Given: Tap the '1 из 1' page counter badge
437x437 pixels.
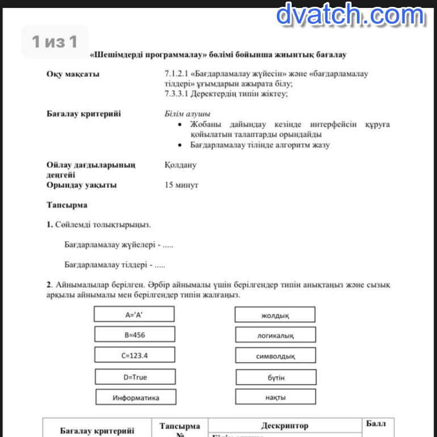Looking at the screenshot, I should [54, 41].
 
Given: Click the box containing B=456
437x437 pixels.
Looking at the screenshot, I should [135, 335].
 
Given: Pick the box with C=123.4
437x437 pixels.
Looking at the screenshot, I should [135, 355].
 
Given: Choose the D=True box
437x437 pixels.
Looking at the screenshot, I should [135, 377].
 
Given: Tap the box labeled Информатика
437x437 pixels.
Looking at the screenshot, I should [136, 397].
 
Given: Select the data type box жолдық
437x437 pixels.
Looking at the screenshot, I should [275, 315].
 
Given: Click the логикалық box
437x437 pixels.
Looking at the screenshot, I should [275, 335].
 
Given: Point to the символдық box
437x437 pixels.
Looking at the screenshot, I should [275, 356].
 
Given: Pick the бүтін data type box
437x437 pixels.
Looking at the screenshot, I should [276, 377].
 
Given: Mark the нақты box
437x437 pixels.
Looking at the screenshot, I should [275, 397].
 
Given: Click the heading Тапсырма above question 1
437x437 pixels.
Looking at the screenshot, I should [66, 204].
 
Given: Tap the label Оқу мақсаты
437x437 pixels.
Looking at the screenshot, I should [73, 74].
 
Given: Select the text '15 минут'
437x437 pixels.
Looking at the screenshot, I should [181, 185].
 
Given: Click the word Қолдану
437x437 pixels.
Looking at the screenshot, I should [180, 165].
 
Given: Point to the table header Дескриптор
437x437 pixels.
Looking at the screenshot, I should [285, 425].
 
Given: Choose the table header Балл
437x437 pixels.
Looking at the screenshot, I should [376, 424].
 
